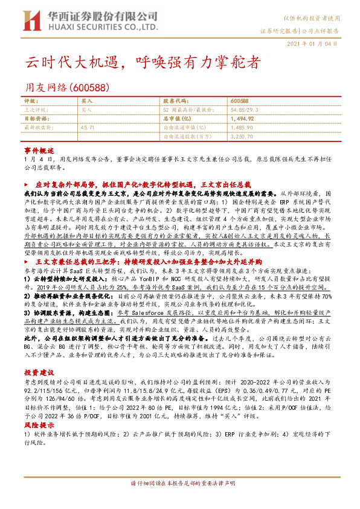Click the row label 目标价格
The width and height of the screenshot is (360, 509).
34,119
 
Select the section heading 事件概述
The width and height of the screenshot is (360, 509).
39,149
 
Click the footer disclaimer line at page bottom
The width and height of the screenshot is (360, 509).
179,485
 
